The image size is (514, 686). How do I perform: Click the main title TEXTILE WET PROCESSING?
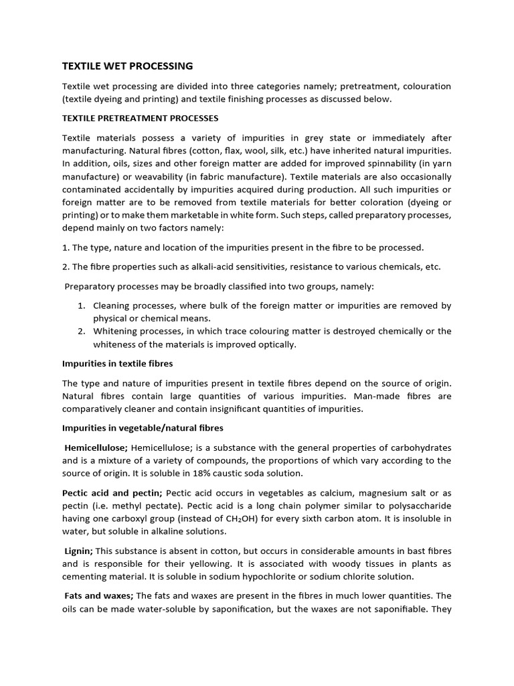127,66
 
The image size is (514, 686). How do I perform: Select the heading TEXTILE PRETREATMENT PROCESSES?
140,118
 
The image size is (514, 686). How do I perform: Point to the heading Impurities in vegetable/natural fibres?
143,427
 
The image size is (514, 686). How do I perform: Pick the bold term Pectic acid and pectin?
112,492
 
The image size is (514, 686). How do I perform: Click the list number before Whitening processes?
80,331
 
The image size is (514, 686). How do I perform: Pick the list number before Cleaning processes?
80,305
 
